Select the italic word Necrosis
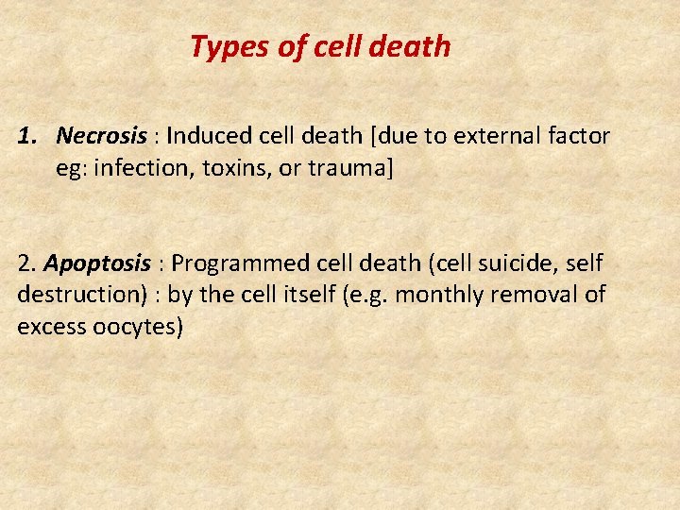(101, 136)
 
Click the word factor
(575, 136)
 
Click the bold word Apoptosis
(97, 264)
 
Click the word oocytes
(136, 328)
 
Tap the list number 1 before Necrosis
(25, 136)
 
